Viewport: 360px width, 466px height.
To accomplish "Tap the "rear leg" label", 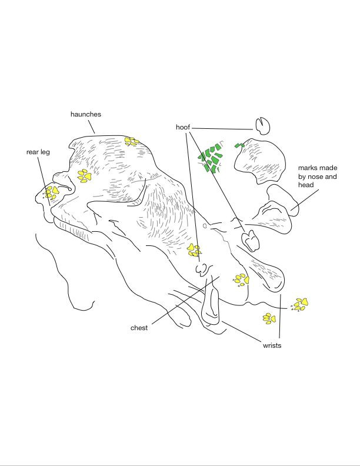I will [x=38, y=152].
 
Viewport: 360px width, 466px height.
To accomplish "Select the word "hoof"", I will [x=183, y=127].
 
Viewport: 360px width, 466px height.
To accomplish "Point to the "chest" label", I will [x=139, y=328].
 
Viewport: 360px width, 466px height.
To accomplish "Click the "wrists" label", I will [x=272, y=345].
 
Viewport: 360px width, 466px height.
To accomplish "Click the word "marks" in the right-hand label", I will [x=308, y=168].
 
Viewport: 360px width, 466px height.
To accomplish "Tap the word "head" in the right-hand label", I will [x=306, y=185].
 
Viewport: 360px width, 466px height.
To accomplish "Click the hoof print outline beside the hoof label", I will [x=262, y=125].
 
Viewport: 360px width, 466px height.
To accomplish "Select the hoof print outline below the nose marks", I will [x=251, y=240].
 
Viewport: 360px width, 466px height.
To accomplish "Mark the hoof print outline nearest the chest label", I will [x=203, y=269].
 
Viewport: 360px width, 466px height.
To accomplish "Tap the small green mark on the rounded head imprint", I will [x=239, y=145].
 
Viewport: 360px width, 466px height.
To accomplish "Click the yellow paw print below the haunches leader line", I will [x=131, y=141].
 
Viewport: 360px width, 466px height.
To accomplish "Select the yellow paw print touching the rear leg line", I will [x=52, y=191].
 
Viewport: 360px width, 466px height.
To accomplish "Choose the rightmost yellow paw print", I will [x=301, y=304].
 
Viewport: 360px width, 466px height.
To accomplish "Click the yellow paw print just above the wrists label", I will [x=269, y=318].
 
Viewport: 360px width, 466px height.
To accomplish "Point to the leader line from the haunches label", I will [x=91, y=126].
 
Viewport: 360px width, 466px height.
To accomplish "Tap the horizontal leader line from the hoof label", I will [x=224, y=128].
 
